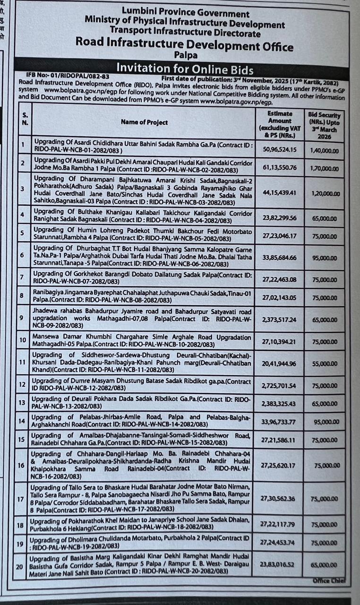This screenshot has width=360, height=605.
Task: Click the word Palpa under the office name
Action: point(185,56)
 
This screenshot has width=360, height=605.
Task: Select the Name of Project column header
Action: point(144,122)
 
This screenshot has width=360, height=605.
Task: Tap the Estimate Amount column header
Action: point(280,124)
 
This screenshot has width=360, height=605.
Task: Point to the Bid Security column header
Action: point(325,125)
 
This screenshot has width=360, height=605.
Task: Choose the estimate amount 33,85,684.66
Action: point(280,258)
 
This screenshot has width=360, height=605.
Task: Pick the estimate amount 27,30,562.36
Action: point(280,498)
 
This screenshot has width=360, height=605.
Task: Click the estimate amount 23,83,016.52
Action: point(280,564)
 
